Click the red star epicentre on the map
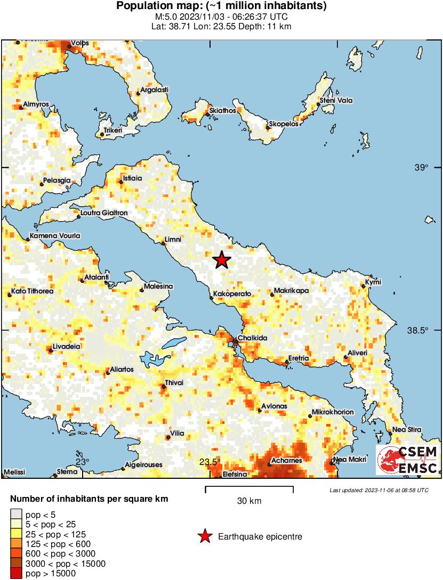point(221,260)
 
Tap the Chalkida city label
point(252,338)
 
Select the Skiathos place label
point(223,110)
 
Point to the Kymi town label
point(373,282)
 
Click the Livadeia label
point(67,346)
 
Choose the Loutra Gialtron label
point(104,213)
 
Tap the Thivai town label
point(174,382)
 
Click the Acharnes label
point(287,460)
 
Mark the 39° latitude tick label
point(421,168)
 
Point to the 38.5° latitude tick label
point(418,330)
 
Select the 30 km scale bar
point(249,487)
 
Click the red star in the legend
point(204,537)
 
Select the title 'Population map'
point(221,6)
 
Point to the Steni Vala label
point(336,101)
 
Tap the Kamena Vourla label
point(55,235)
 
